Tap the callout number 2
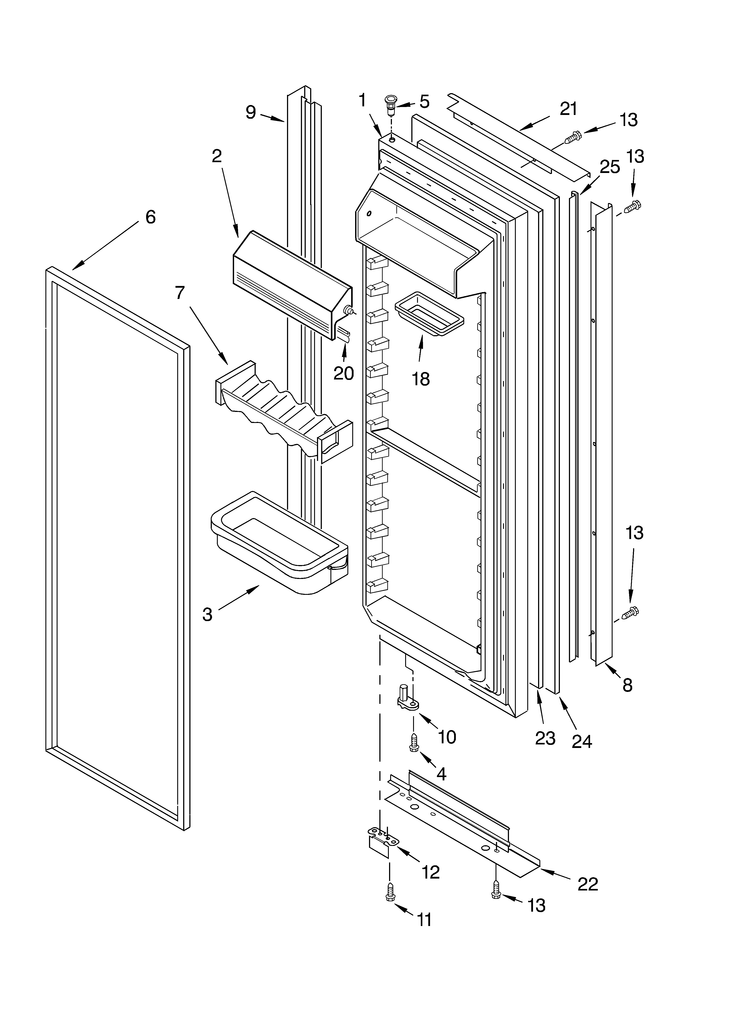tap(217, 156)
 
